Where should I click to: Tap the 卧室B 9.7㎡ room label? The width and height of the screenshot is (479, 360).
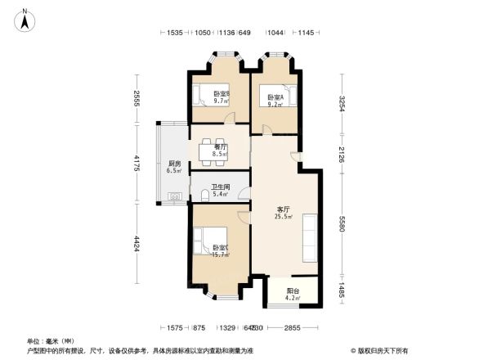pyautogui.click(x=220, y=97)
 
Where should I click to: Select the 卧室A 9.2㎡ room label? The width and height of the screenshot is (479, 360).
pyautogui.click(x=275, y=101)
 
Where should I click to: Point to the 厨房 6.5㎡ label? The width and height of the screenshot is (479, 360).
pyautogui.click(x=174, y=166)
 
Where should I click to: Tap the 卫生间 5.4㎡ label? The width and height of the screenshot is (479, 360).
pyautogui.click(x=221, y=191)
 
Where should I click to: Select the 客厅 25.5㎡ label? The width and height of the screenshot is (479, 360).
pyautogui.click(x=284, y=213)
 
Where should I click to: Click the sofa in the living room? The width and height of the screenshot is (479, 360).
pyautogui.click(x=310, y=237)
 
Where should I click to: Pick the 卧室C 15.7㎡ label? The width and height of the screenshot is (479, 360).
pyautogui.click(x=220, y=252)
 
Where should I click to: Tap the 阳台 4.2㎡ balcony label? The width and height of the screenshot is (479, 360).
pyautogui.click(x=293, y=295)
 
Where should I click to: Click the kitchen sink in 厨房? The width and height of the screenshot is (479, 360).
pyautogui.click(x=174, y=196)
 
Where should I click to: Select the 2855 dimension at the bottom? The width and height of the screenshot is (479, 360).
pyautogui.click(x=293, y=328)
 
